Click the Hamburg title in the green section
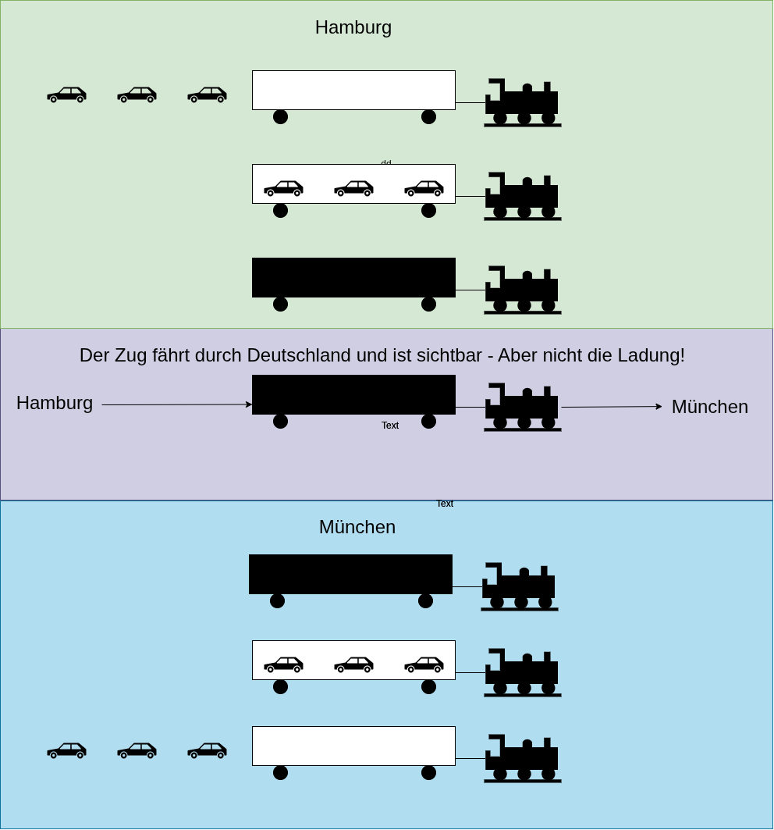353,27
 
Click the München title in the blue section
357,527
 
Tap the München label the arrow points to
709,407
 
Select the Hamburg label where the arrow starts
55,403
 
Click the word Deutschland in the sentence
300,355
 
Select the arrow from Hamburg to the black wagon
176,404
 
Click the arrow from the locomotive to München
611,407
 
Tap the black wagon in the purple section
353,395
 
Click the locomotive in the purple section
522,408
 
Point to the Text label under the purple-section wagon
390,426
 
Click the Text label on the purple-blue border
445,504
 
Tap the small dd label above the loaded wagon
386,162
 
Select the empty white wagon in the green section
353,91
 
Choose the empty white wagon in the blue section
353,746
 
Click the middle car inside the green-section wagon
353,188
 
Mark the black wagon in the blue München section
350,575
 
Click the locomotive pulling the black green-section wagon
522,290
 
